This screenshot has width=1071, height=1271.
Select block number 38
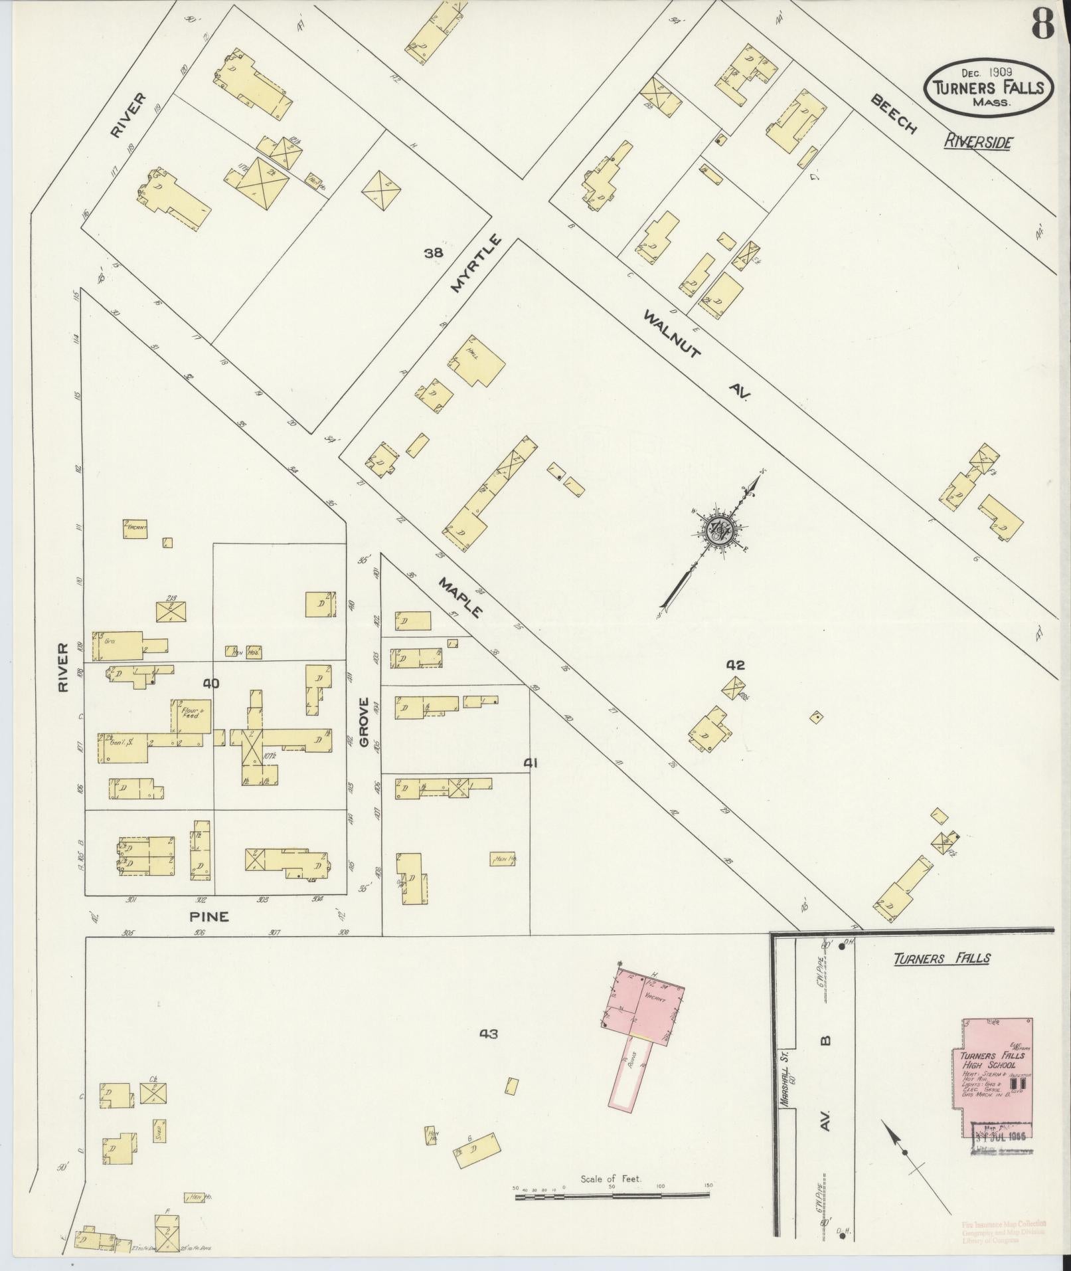click(x=434, y=252)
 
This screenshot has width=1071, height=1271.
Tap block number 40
click(x=211, y=683)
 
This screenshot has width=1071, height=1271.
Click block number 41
click(x=530, y=763)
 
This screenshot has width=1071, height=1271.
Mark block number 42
click(x=736, y=664)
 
